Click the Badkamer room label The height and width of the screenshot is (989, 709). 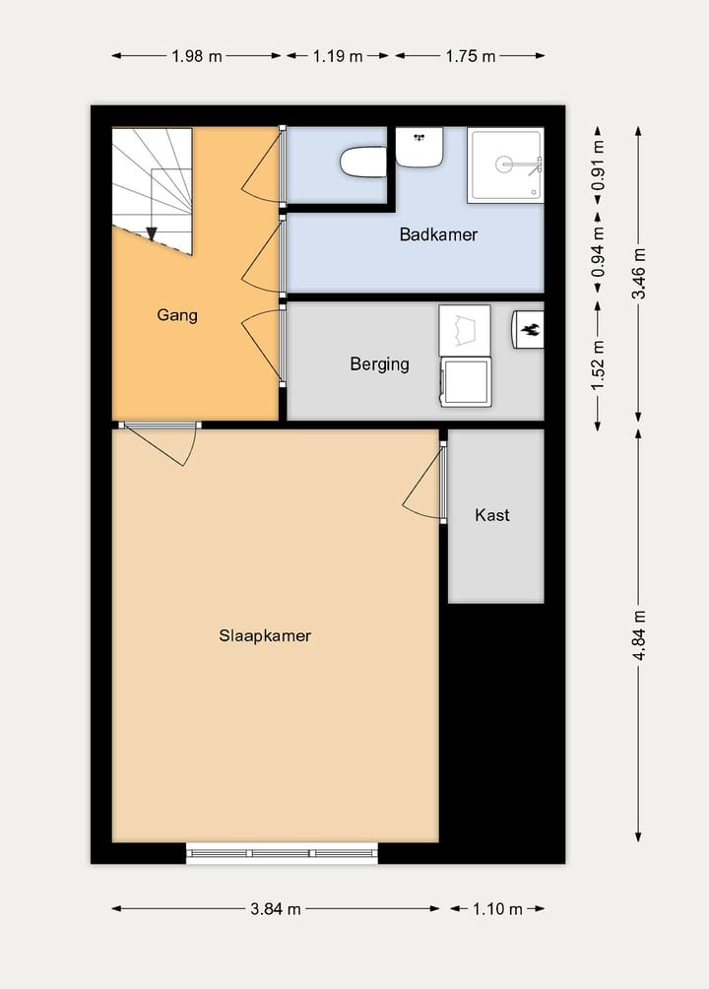(x=438, y=234)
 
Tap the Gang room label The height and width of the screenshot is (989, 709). (x=177, y=315)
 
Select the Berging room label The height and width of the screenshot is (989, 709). (x=379, y=363)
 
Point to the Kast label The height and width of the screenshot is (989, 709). (x=492, y=514)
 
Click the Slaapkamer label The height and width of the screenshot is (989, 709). (x=265, y=635)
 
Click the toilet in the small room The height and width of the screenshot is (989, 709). (x=362, y=162)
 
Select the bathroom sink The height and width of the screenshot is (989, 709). (x=419, y=147)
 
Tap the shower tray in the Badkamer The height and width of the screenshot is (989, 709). (x=504, y=165)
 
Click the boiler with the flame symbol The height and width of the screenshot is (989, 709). (x=529, y=329)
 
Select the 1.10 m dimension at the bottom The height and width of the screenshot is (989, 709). (x=498, y=909)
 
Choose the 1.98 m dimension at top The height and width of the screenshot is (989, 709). (x=195, y=56)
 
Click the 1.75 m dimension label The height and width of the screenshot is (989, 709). (x=471, y=56)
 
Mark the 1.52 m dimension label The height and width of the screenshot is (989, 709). (x=597, y=364)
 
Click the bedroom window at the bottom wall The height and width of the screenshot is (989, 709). (x=282, y=853)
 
